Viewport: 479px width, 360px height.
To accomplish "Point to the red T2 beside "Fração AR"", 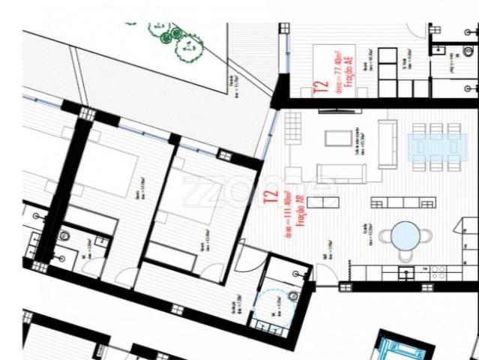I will coord(271,196).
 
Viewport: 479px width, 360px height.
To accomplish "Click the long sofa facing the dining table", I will coord(389,145).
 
